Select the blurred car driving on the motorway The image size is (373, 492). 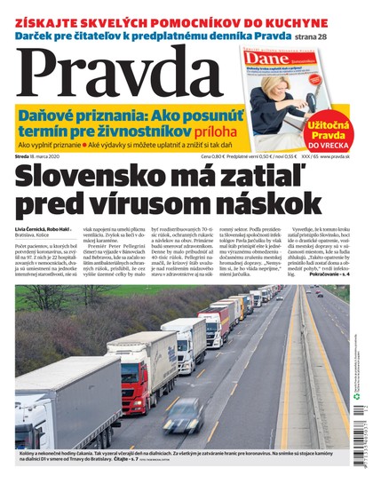click(182, 417)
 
